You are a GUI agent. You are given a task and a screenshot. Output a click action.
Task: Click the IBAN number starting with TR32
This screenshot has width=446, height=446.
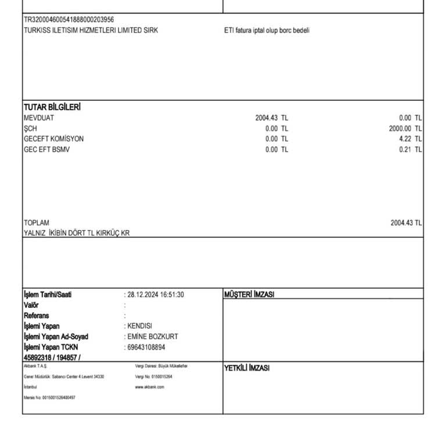point(69,20)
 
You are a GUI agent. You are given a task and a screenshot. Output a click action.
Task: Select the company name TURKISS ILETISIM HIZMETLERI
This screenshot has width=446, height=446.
point(91,30)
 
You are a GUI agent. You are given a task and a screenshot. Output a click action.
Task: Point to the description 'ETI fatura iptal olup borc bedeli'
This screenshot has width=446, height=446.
point(267,30)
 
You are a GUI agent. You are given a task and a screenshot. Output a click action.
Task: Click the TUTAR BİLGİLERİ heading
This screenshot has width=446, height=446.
point(52,107)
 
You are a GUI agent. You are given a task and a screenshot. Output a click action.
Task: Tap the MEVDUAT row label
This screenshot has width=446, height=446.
point(39,118)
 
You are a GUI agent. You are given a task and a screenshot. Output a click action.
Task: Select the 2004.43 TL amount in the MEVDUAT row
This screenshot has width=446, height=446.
point(271,118)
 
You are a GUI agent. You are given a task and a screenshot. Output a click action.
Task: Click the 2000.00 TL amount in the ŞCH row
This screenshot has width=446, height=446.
point(405,128)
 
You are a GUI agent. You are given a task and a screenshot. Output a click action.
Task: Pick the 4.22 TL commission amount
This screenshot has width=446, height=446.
point(411,139)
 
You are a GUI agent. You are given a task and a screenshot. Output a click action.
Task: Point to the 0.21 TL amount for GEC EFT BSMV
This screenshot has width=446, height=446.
point(411,149)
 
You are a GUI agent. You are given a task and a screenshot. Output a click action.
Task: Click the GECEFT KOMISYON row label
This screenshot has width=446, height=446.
point(53,139)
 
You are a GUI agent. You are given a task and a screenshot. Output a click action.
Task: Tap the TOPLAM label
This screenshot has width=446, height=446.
point(37,223)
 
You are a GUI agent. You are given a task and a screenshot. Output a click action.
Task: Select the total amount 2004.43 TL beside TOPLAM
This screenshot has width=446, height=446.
point(406,223)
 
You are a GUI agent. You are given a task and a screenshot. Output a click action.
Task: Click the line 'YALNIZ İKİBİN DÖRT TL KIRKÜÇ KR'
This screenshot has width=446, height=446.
point(77,233)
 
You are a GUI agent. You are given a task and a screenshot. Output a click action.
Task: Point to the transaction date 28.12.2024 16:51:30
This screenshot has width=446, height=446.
point(156,294)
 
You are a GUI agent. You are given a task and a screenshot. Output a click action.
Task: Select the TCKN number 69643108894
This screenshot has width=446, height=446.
point(146,347)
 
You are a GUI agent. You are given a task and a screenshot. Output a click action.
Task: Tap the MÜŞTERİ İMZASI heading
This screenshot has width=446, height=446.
point(249,294)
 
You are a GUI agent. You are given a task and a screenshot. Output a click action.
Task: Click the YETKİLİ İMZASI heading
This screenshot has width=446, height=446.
point(247,368)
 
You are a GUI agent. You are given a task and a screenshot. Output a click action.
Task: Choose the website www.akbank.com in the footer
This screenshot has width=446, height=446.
point(149,387)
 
